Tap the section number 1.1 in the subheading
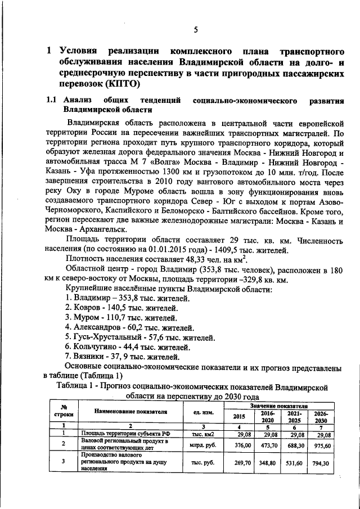(51, 100)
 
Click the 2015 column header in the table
(240, 416)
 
